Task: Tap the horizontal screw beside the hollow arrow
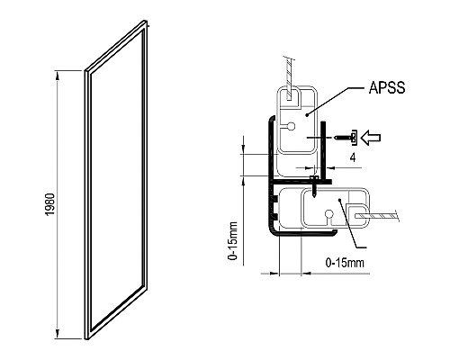click(345, 137)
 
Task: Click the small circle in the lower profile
click(329, 214)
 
